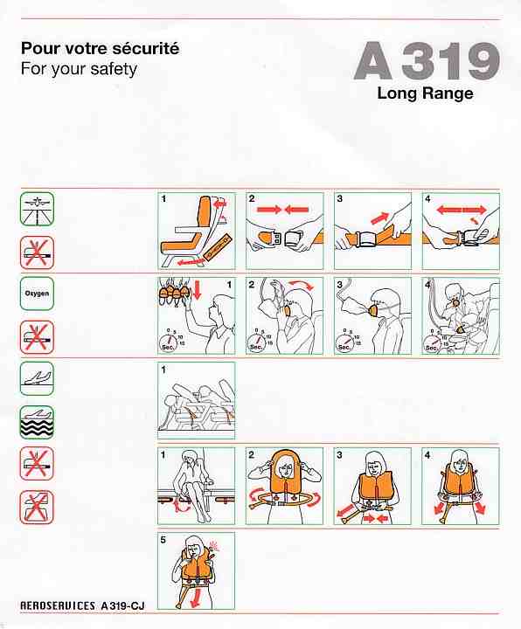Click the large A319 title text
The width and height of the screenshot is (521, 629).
pos(427,61)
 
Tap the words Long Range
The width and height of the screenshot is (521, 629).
pos(425,93)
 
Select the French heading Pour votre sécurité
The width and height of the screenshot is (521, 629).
pos(100,49)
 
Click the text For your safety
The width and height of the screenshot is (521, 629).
pos(79,69)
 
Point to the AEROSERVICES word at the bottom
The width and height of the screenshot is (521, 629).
pos(58,605)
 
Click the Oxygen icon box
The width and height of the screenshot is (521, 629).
pos(37,294)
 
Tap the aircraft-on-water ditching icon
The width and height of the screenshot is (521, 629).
pos(37,423)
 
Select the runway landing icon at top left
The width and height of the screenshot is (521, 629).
pos(37,209)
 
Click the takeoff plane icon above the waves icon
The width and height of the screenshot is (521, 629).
pos(37,378)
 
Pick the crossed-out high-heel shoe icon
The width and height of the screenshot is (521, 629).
pos(37,507)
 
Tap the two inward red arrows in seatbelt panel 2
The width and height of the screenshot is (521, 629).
pos(283,209)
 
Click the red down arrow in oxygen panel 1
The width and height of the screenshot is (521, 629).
pos(197,291)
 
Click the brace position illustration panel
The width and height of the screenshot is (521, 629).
pos(197,400)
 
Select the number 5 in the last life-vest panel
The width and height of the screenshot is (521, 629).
pos(163,540)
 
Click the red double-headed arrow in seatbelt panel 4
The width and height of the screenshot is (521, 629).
pos(462,210)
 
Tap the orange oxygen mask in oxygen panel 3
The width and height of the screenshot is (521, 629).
pos(376,310)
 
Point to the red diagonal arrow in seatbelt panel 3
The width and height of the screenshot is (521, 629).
pos(380,218)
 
